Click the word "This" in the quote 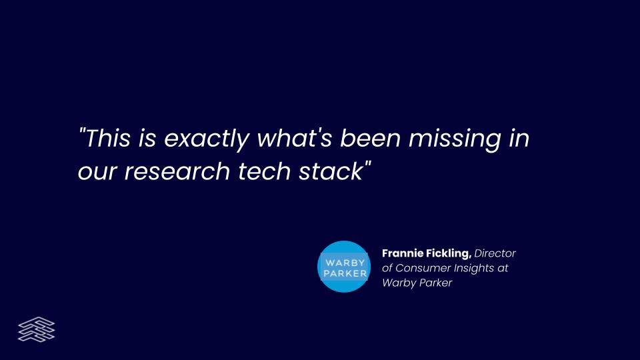(x=107, y=138)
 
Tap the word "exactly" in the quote (x=207, y=140)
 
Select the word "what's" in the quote (x=294, y=138)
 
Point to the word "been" (x=371, y=138)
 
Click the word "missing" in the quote (x=455, y=140)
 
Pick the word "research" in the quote (x=177, y=171)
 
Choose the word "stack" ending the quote (x=331, y=171)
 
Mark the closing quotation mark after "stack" (x=367, y=165)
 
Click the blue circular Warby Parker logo (x=344, y=267)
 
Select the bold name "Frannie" (x=403, y=253)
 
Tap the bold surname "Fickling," (x=449, y=254)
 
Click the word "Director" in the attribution (x=495, y=253)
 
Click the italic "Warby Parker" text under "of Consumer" (x=417, y=283)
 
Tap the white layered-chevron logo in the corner (x=36, y=329)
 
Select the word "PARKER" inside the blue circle (x=345, y=273)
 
